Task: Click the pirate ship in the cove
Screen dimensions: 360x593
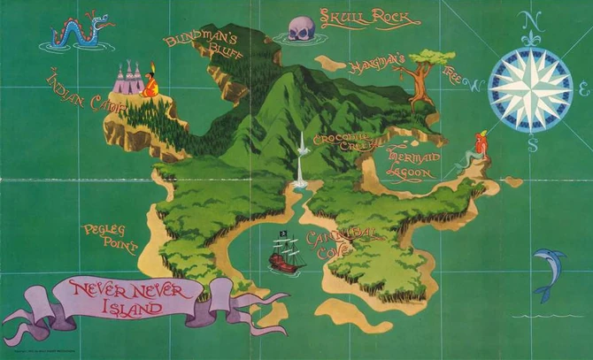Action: [287, 254]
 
